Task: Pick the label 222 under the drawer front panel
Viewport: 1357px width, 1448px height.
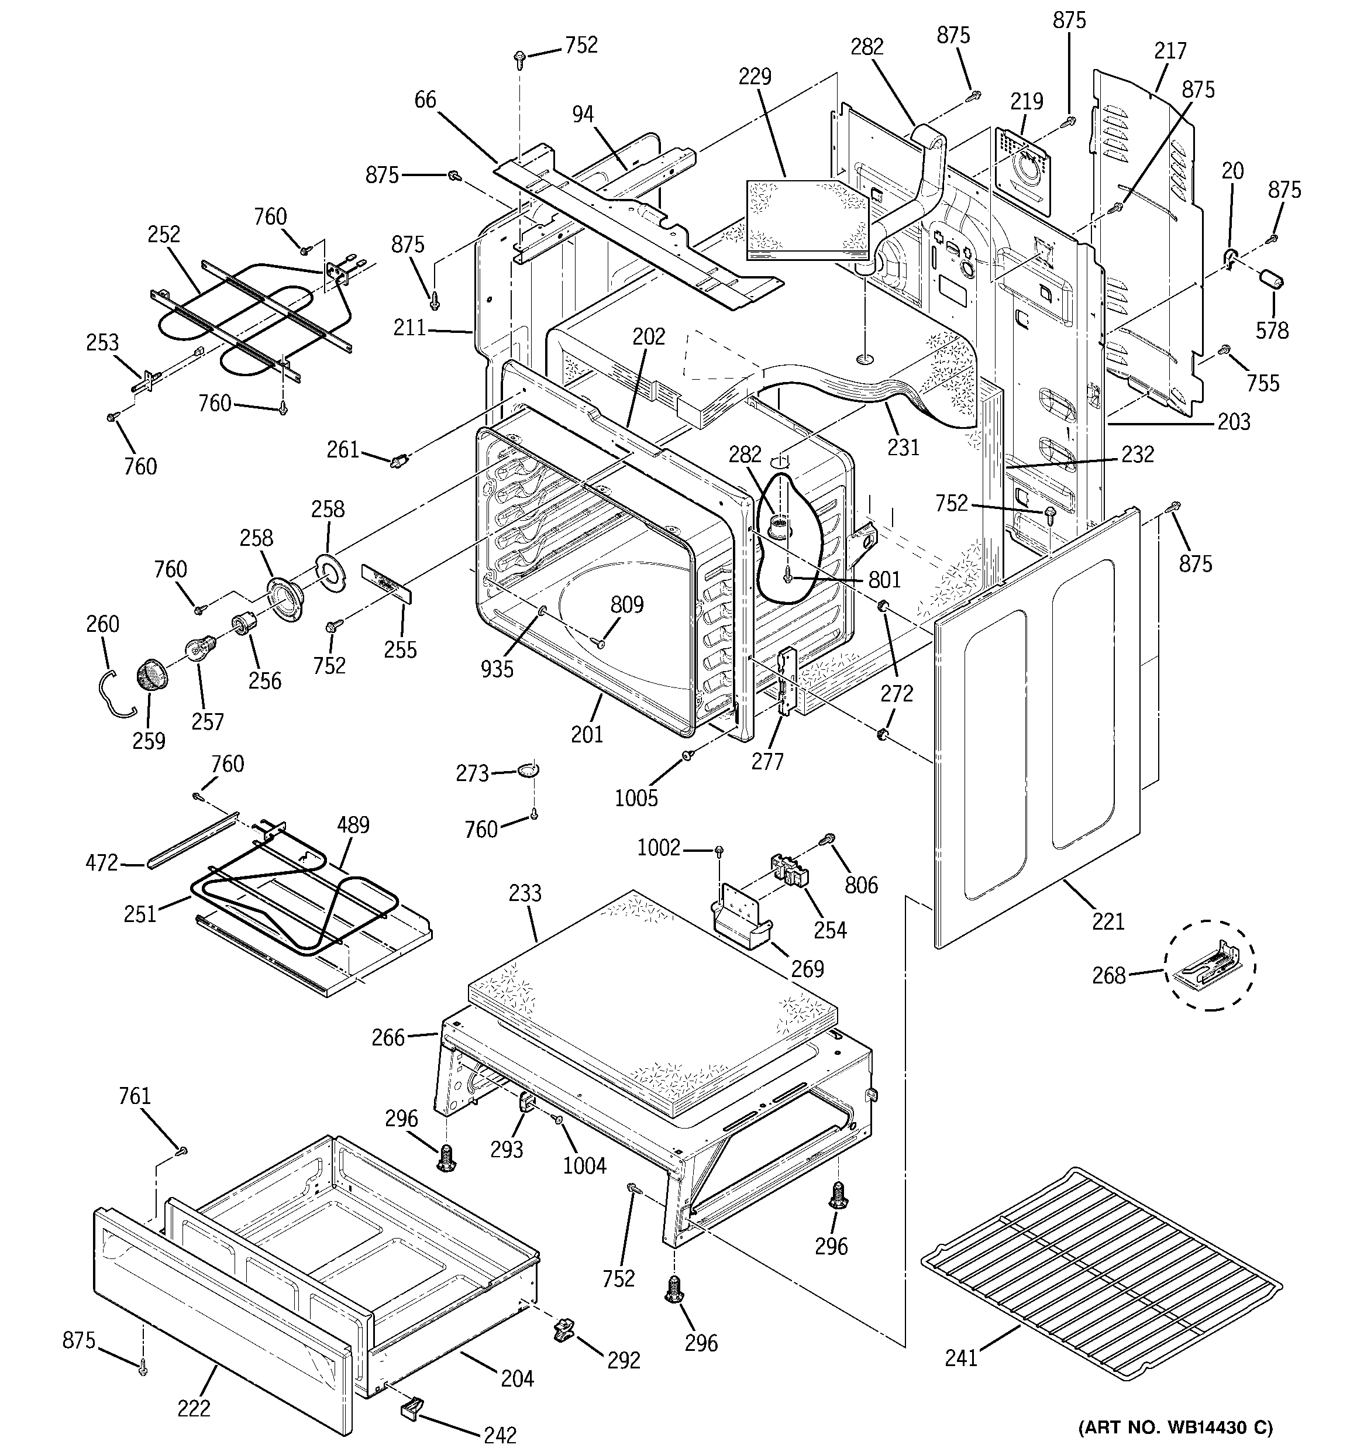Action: (x=194, y=1408)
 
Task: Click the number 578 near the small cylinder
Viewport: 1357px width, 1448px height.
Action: (x=1272, y=330)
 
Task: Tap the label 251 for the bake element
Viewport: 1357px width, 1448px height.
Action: (x=140, y=913)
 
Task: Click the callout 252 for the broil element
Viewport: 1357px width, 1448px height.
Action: (x=163, y=234)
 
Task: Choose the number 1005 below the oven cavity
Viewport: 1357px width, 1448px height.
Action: (x=636, y=798)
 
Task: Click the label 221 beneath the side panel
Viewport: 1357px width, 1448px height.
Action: (x=1108, y=921)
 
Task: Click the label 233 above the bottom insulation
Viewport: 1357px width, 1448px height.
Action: (x=525, y=892)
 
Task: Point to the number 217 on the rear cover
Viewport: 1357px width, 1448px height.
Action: (x=1170, y=50)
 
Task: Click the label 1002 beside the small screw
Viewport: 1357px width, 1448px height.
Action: (x=659, y=847)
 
